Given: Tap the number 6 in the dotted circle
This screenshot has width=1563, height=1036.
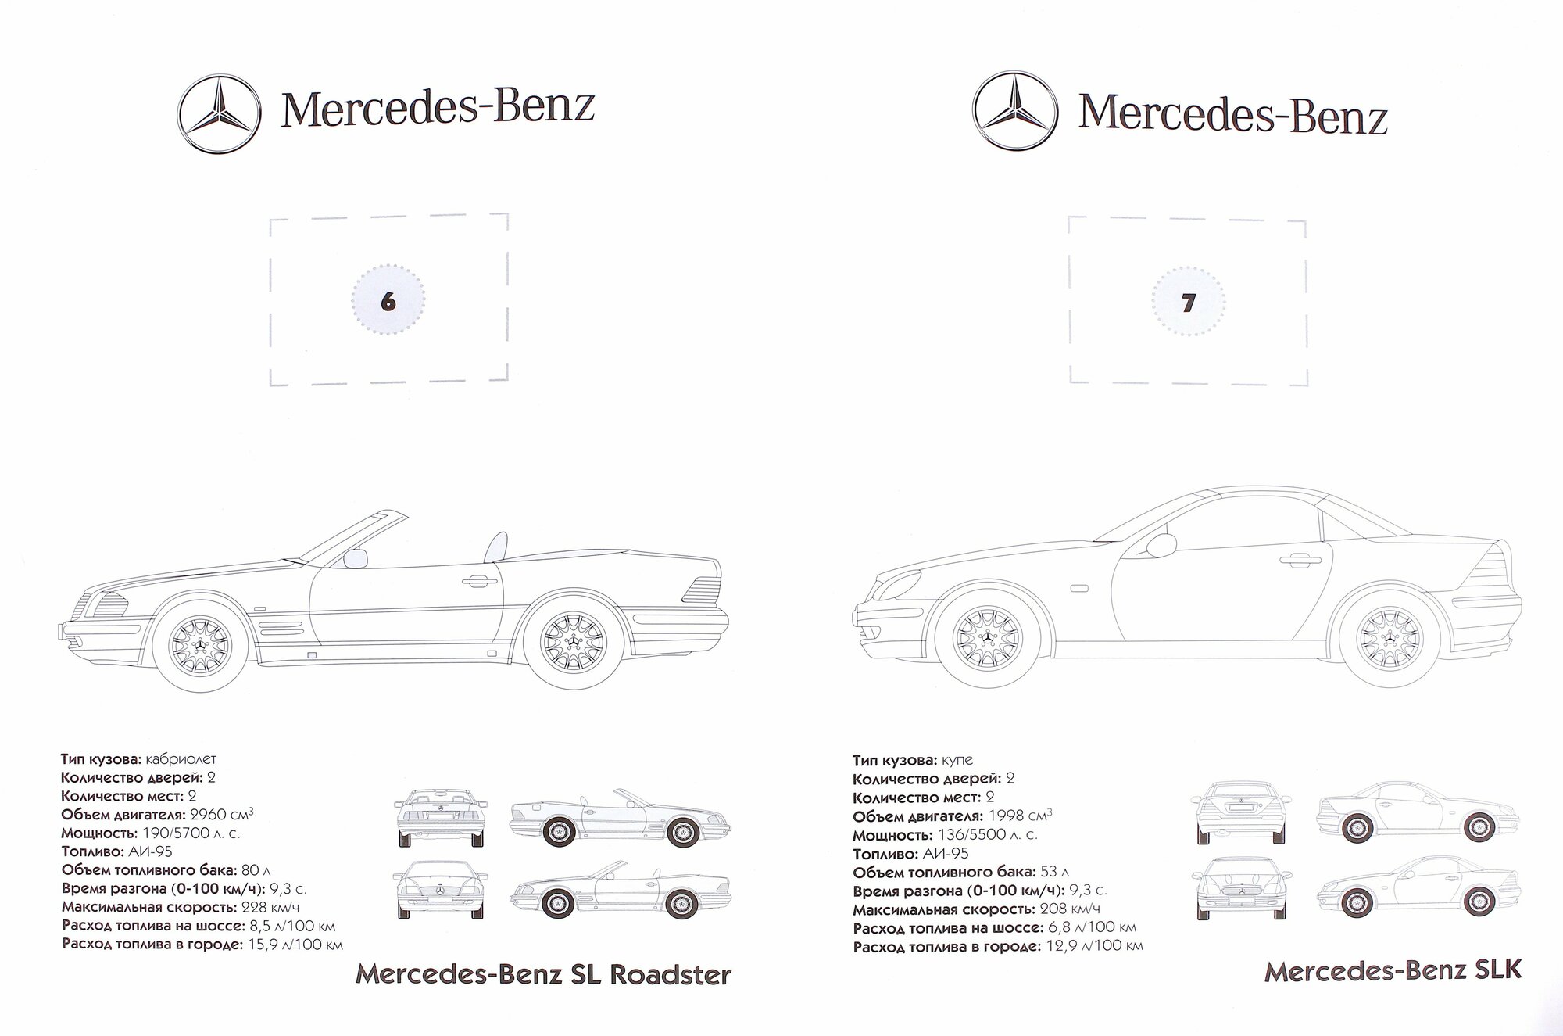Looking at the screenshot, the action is click(x=388, y=302).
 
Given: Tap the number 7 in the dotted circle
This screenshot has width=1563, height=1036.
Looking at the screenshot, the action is click(x=1188, y=303).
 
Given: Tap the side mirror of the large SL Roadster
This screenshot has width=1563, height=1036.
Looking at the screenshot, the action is click(x=356, y=558).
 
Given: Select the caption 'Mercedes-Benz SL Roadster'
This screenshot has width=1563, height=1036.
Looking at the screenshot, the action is click(x=543, y=975).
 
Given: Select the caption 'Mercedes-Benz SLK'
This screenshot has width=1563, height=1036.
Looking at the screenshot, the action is click(x=1393, y=970).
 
